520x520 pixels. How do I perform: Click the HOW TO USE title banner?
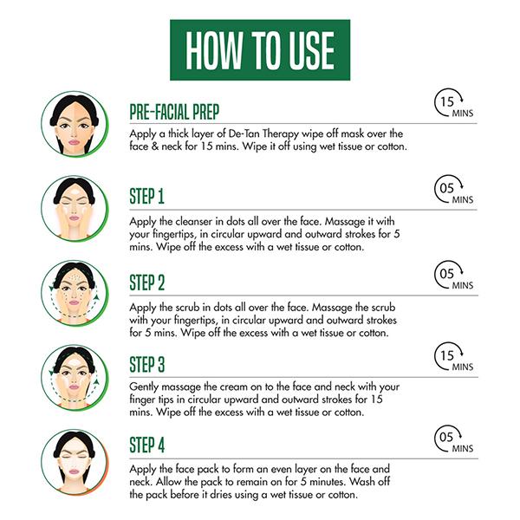260,49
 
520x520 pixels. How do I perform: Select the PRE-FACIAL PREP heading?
174,112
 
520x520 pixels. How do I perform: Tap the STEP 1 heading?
147,196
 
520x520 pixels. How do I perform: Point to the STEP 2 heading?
147,283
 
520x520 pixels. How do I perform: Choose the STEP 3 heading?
147,365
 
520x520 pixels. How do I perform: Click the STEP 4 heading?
147,445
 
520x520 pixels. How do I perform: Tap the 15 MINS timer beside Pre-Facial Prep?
453,103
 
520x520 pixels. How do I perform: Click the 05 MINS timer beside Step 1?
453,189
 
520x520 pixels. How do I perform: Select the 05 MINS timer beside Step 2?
453,275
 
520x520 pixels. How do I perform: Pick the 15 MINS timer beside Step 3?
453,357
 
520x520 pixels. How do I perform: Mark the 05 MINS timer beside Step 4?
453,439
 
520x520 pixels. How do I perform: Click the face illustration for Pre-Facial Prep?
75,124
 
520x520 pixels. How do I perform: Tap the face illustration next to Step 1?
75,209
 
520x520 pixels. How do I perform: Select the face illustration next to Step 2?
75,293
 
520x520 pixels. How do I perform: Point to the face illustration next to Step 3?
75,378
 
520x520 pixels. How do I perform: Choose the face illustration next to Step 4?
75,463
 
